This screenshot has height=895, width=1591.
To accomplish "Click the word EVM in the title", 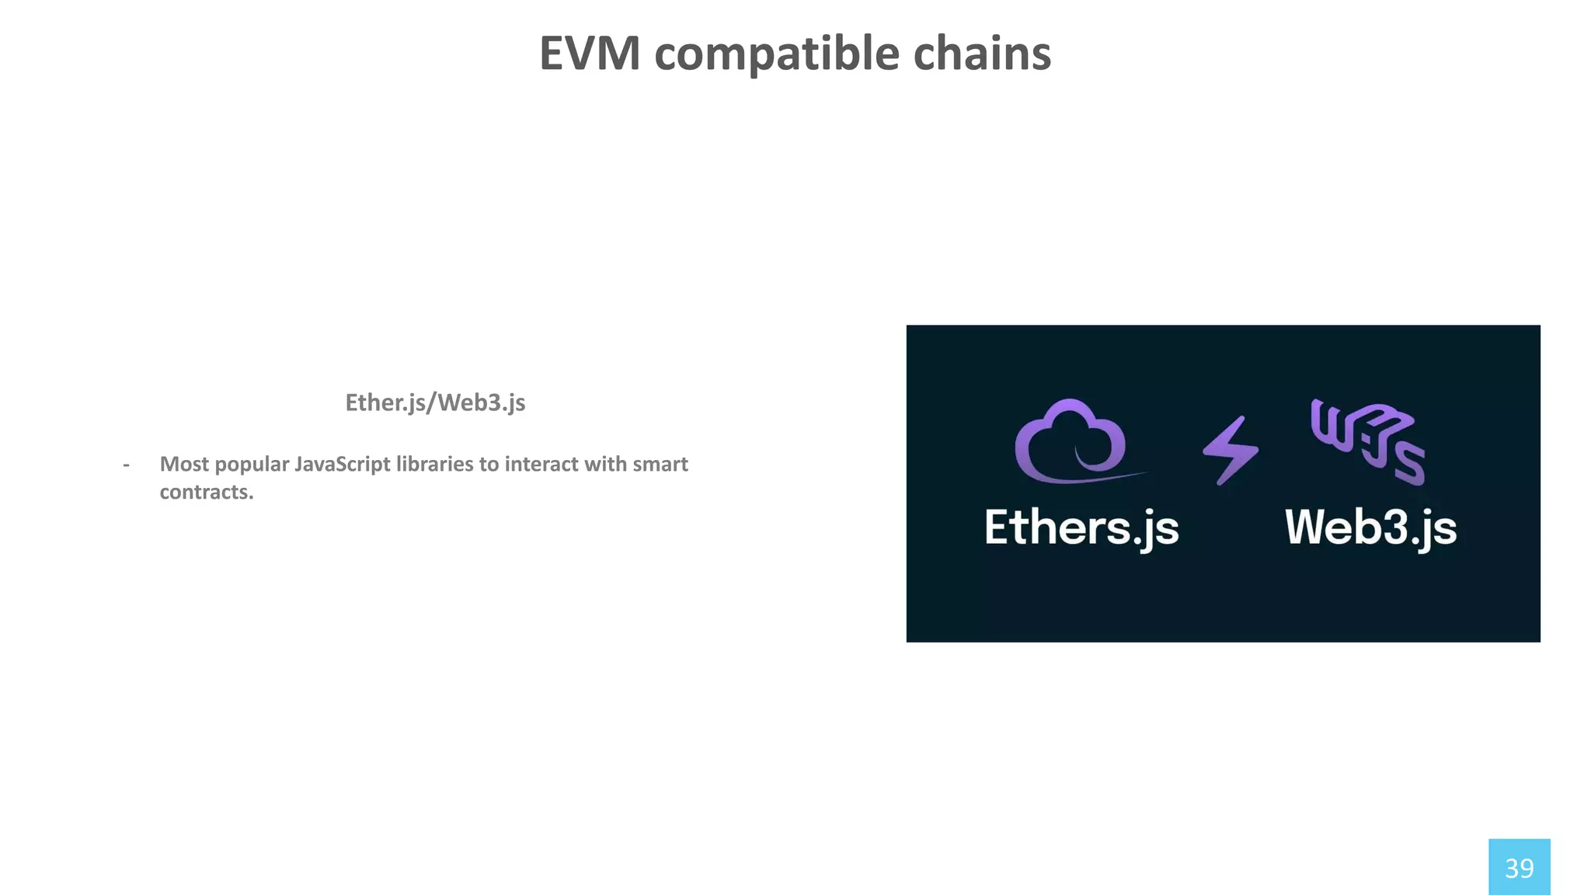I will pos(590,54).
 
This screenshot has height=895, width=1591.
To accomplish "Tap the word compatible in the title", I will pos(777,54).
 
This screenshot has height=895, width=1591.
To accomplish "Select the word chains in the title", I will pos(982,54).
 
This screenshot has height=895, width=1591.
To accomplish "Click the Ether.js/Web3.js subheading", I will pos(435,402).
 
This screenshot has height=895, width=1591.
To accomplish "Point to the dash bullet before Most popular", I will pos(126,465).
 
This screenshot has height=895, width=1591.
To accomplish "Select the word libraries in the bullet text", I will pos(434,464).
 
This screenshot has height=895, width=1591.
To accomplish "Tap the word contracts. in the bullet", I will pos(207,492).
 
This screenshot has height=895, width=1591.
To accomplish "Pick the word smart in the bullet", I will pos(660,464).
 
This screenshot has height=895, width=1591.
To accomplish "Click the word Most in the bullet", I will pos(184,464).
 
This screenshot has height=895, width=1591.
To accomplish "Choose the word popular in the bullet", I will pos(251,464).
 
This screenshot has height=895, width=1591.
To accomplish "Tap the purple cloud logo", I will pos(1071,441).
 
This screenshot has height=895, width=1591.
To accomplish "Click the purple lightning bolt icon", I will pos(1231,451).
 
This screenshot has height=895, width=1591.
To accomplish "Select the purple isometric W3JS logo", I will pos(1367,441).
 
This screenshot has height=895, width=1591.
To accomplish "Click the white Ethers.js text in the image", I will pos(1081,528).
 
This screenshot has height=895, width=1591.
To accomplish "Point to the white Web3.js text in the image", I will pos(1370,528).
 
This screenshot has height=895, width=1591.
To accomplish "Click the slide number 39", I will pos(1519,868).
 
